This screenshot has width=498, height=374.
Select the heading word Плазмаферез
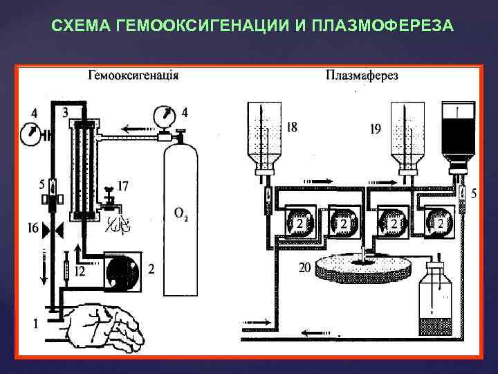coord(362,75)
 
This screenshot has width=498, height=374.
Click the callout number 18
coord(291,127)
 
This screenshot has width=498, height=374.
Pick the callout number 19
coord(376,129)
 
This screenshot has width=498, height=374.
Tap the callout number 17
coord(123,186)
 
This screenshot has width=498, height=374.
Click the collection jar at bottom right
coord(439,301)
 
